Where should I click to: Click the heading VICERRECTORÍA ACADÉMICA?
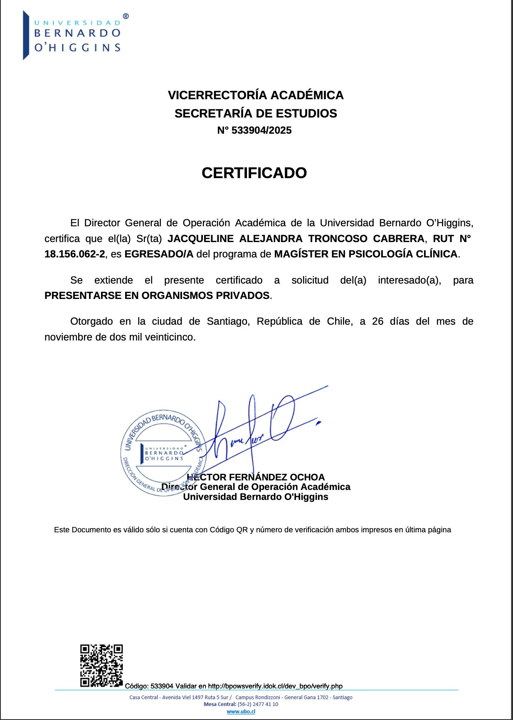tap(256, 95)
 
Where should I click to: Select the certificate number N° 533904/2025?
tap(254, 130)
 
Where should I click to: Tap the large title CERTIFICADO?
tap(254, 173)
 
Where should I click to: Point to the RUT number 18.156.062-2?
tap(75, 254)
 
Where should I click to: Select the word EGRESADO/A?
tap(159, 254)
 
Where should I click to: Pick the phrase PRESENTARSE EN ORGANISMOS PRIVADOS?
tap(157, 296)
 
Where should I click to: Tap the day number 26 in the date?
tap(377, 321)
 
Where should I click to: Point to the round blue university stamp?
tap(163, 453)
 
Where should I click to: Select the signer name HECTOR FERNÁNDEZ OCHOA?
tap(256, 477)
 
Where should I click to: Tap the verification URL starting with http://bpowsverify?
tap(275, 686)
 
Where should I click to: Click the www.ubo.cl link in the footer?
tap(241, 711)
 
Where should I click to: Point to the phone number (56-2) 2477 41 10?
tap(258, 704)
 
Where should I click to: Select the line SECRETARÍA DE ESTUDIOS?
tap(256, 113)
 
